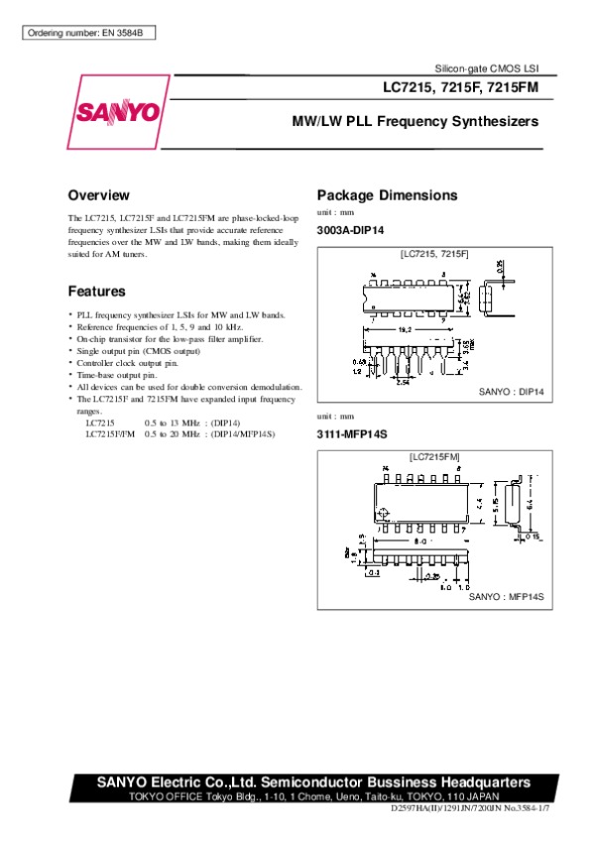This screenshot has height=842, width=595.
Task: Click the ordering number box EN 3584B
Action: click(x=88, y=34)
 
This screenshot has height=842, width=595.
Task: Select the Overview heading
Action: click(x=98, y=195)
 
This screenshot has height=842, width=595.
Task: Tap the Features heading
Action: click(x=96, y=292)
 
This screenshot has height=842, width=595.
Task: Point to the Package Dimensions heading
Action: click(x=386, y=195)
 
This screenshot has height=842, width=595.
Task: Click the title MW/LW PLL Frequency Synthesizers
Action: click(x=414, y=122)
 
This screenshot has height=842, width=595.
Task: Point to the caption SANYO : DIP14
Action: click(x=512, y=393)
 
